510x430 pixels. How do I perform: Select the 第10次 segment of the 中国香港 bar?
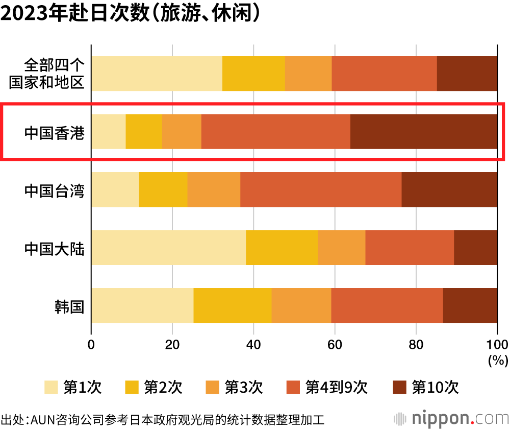(423, 132)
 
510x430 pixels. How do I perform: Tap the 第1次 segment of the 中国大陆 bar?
(168, 248)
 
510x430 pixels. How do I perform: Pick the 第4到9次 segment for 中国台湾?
(320, 189)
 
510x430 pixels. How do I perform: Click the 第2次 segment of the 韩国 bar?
(232, 305)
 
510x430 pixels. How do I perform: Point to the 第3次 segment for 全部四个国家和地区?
(308, 74)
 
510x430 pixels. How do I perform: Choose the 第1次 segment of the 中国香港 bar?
(108, 132)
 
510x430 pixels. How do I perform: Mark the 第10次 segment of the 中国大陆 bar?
(475, 248)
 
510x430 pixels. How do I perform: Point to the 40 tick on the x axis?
(253, 344)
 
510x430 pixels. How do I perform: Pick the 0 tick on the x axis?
(91, 344)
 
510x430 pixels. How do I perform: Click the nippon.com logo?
(451, 418)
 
